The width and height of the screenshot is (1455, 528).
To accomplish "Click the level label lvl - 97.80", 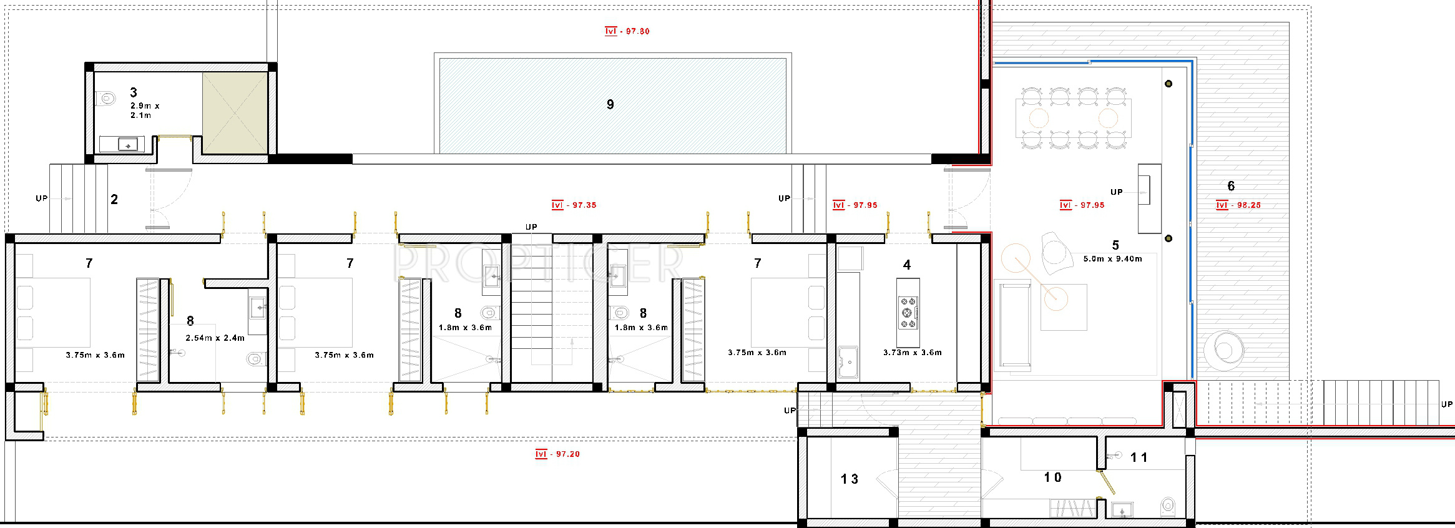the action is coord(627,31).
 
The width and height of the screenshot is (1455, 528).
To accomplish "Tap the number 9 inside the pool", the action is coord(610,105).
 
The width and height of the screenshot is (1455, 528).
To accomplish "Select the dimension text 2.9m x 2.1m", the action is coord(145,110).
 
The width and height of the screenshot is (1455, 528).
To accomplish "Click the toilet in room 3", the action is coord(107,99).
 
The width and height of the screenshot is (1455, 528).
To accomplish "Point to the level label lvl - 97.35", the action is coord(574,205).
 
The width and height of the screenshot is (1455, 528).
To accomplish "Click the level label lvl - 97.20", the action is coord(557,454).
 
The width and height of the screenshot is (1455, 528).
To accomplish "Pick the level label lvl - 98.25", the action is coord(1238,205).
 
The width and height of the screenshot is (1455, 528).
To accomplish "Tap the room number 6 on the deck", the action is coord(1231,186).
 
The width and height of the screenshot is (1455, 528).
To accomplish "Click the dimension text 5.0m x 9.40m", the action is coord(1113,259).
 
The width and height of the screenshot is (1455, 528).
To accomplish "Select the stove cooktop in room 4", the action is coord(908,313).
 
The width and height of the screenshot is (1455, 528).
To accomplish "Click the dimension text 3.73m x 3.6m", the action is coord(913,353).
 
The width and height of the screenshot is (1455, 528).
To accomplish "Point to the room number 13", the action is coord(850,479).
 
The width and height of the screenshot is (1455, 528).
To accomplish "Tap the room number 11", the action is coord(1139,457).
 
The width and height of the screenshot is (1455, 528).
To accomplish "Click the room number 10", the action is coord(1053,477).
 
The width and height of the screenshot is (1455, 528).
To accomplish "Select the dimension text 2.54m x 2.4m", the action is coord(215,338).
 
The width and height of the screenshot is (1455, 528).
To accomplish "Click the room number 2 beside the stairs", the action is coord(114,200).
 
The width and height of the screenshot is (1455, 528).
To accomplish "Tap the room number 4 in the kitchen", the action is coord(907,265).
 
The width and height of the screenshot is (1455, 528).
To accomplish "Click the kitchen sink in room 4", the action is coord(848,362).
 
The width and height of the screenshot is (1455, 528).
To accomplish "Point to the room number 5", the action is coord(1115,246).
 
